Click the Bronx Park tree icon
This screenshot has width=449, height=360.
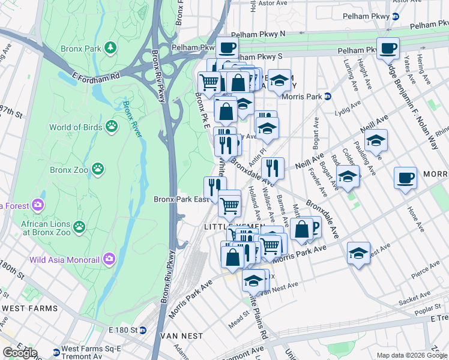coord(110,47)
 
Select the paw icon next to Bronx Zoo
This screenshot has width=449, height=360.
coord(98,169)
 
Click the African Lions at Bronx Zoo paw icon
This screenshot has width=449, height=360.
coord(78,227)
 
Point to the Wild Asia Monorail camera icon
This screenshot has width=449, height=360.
coord(109,259)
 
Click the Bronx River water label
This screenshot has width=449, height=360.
coord(133,118)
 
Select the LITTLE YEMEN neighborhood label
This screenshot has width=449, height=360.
coord(226,226)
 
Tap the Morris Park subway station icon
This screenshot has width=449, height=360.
coord(328,96)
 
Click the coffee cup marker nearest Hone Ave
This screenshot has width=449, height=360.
coord(405,178)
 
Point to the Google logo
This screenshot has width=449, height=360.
coord(20,353)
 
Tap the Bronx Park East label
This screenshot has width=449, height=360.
coord(181,199)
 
